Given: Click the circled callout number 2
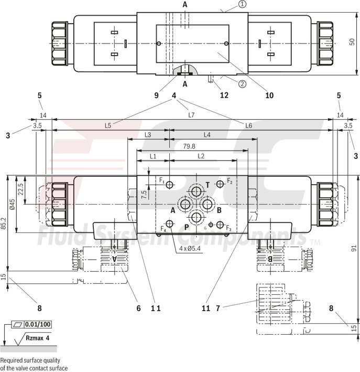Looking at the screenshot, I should [x=242, y=83].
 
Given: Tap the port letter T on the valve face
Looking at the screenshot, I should [x=208, y=185].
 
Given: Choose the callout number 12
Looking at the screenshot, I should [x=225, y=95].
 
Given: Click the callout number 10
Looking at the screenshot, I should [x=269, y=95].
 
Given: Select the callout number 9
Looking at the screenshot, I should [x=156, y=95].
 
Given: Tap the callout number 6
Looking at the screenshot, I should [x=139, y=308].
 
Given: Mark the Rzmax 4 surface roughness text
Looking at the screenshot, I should [x=39, y=338].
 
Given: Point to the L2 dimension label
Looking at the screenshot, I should [x=201, y=156].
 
